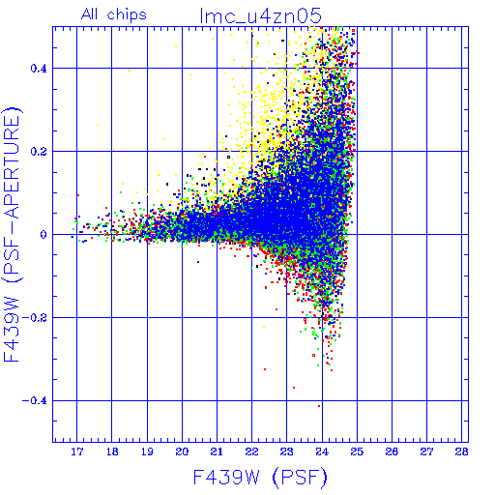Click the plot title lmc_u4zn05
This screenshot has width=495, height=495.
point(261,16)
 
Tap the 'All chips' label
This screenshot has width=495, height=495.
point(114,15)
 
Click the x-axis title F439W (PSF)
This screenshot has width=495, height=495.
point(260,478)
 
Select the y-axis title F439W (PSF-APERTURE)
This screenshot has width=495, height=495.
point(13,234)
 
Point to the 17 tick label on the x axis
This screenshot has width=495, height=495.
point(77,451)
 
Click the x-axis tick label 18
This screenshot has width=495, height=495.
point(112,451)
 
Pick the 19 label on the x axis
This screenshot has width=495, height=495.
point(147,451)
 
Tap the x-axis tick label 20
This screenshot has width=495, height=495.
point(182,451)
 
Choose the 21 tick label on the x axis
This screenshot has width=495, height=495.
point(217,451)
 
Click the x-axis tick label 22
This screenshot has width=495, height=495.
point(251,451)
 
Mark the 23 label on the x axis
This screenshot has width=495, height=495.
point(286,451)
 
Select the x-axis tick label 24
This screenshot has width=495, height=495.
point(322,451)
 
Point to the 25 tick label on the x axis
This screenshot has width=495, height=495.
point(357,451)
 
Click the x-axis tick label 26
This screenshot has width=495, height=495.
point(392,451)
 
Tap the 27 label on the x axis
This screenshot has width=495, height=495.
point(426,451)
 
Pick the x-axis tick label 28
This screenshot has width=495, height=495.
point(461,451)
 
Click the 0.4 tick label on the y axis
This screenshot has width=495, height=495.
point(39,69)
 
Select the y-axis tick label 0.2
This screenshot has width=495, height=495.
point(39,152)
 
